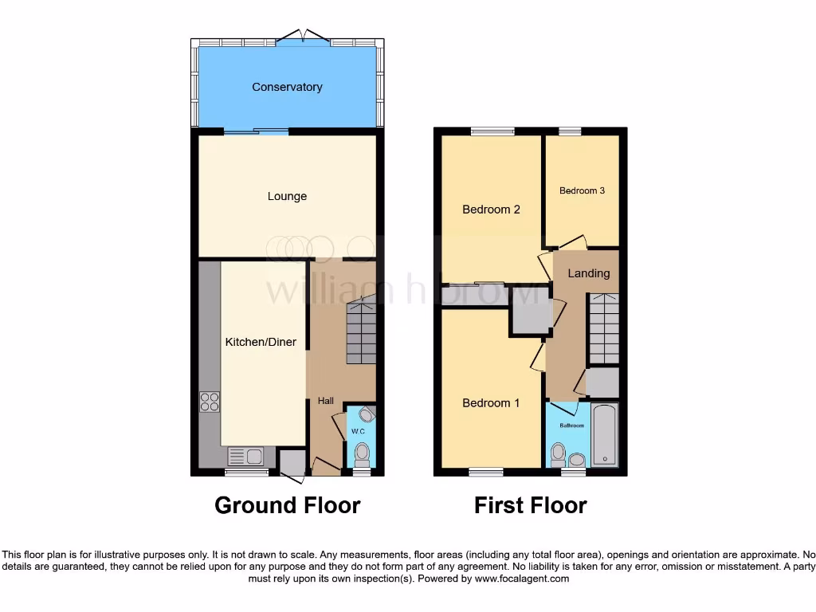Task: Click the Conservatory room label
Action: (x=287, y=87)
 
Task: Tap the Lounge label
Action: (x=287, y=196)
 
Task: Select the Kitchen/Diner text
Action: (x=261, y=342)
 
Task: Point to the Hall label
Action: (x=326, y=401)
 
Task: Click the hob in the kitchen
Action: (x=210, y=402)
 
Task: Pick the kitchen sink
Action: (x=245, y=457)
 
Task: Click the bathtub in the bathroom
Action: (x=605, y=435)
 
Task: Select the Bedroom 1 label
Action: (x=491, y=403)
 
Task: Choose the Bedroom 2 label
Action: (x=491, y=210)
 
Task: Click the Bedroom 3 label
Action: (x=582, y=190)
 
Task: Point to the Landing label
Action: (x=589, y=273)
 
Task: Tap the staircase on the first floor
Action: (x=604, y=328)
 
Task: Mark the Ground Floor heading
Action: (x=287, y=505)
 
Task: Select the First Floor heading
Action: (x=531, y=505)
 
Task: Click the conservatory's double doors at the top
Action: (x=304, y=37)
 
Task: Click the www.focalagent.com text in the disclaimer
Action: (x=521, y=579)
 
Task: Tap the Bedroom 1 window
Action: (x=485, y=472)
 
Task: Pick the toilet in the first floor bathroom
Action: (x=559, y=454)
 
